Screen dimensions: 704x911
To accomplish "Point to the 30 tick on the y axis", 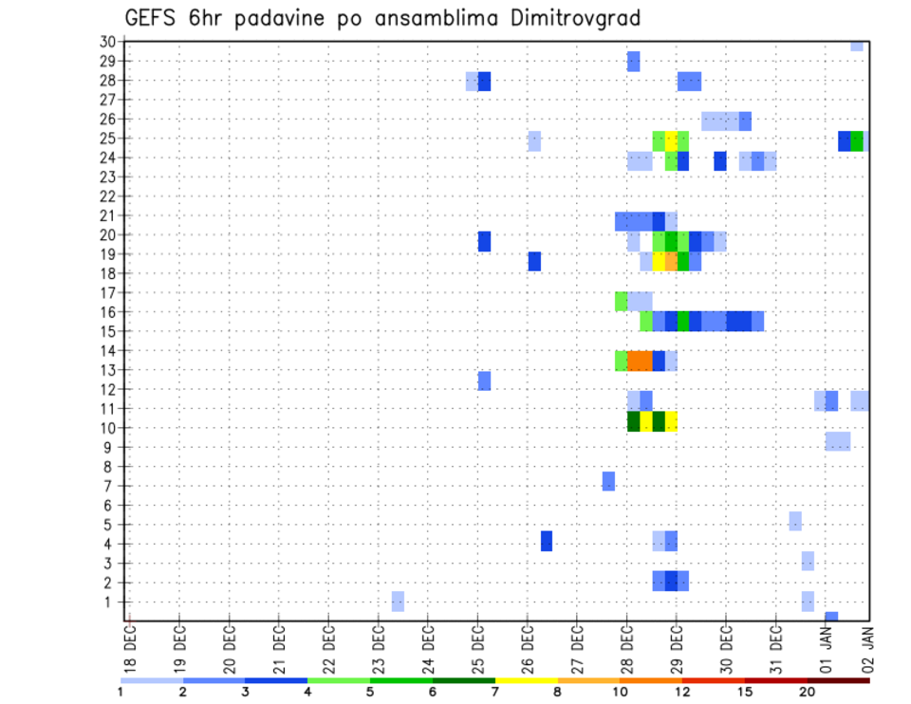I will (x=107, y=42).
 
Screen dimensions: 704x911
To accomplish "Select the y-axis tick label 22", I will (x=107, y=196).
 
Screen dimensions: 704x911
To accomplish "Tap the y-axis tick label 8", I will (x=111, y=467).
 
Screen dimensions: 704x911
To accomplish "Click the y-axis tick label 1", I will (x=111, y=602).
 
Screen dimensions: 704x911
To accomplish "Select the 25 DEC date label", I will (x=477, y=647).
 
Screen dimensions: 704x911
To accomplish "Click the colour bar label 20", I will (x=808, y=692).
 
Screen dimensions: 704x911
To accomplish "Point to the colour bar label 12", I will (x=683, y=692).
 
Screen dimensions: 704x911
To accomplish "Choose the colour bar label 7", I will (x=495, y=692).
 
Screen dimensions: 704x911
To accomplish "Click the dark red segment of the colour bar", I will (x=838, y=680).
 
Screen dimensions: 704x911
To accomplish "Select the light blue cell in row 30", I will (x=857, y=46).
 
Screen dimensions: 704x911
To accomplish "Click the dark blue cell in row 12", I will (x=484, y=380).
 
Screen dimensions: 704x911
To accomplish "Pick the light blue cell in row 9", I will (x=838, y=441).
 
